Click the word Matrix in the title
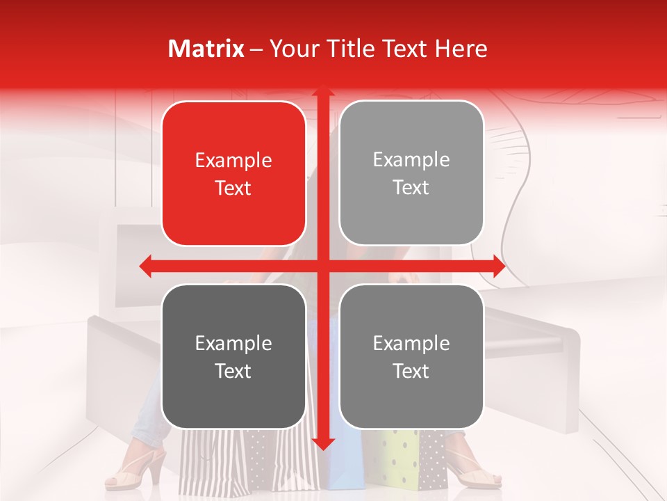(206, 49)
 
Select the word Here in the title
(461, 49)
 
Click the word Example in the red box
(233, 161)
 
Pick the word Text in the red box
(233, 189)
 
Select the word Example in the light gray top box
(411, 160)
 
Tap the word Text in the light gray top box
(411, 188)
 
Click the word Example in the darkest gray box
(233, 343)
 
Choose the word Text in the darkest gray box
(233, 371)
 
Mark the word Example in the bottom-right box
(411, 343)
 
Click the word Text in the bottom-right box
(411, 371)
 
